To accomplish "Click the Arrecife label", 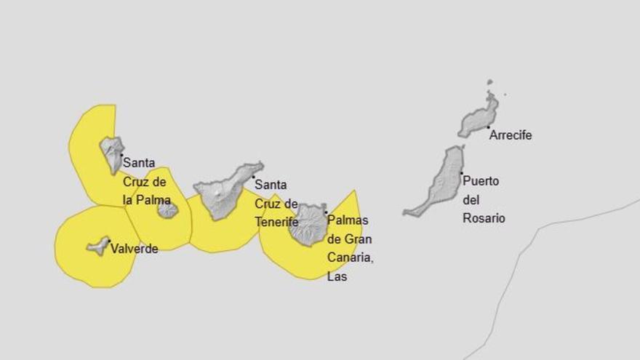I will pos(511,135).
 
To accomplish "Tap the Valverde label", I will pos(134,249).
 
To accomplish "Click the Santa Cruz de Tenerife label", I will pos(276,204).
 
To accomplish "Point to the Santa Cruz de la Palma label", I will pos(145,181).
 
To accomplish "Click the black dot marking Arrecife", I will pos(488,127).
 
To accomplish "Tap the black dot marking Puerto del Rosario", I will pos(461,172).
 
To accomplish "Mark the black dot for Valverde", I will pos(109,241).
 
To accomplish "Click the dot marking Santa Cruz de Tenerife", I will pos(254,177).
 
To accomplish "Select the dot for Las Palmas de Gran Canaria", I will pos(325,212).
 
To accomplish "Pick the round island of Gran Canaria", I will pos(308,225).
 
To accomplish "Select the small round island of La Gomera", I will pos(168,210).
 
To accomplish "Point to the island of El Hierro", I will pos(98,246).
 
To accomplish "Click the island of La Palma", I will pos(112,153).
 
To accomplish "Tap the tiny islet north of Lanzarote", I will pos(490,82).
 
